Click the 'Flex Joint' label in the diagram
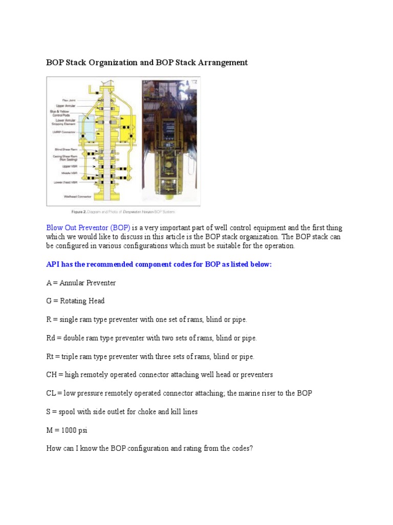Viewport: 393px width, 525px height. [69, 100]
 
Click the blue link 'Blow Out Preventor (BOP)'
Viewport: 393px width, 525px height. [88, 228]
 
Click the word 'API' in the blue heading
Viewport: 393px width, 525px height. [52, 265]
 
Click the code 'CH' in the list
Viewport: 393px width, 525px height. [51, 375]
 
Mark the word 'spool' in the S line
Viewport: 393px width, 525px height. [69, 412]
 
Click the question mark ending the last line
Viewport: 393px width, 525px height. [251, 449]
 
